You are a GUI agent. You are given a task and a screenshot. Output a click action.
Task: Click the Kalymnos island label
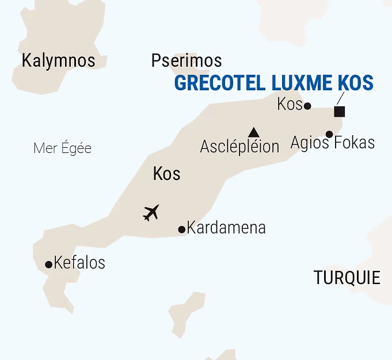point(58,60)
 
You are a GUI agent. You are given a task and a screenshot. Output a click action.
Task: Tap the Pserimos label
point(186,60)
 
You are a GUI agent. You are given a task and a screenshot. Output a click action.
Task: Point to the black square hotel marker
point(340,112)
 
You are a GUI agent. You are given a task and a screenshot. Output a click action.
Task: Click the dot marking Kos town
point(307,106)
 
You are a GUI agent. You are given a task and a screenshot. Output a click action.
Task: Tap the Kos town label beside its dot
point(289,105)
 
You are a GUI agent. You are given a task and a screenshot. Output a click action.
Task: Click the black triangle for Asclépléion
point(253,132)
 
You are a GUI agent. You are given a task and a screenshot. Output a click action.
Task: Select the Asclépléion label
point(239,147)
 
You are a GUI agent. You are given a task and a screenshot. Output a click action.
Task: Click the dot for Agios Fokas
point(329,135)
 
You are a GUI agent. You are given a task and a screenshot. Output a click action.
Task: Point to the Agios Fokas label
point(333,143)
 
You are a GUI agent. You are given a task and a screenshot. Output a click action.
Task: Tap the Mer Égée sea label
point(62,148)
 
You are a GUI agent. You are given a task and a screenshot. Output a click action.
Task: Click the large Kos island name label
point(167,174)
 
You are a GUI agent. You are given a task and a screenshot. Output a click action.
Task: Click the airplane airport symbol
point(151,213)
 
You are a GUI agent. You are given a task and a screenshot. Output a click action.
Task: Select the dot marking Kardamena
point(182,229)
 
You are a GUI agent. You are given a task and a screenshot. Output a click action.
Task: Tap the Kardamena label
point(226,228)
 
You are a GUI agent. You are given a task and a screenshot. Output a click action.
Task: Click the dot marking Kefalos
point(48,265)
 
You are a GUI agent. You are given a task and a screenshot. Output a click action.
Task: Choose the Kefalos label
point(79,263)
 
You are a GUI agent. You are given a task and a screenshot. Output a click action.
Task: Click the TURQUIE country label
point(347,278)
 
